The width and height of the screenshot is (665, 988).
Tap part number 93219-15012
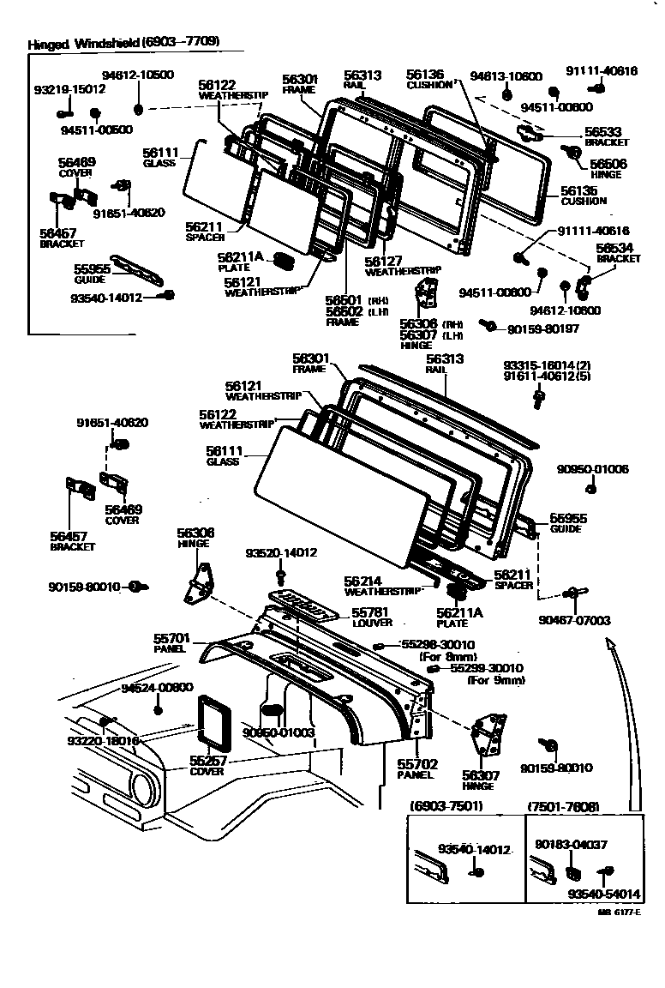point(69,89)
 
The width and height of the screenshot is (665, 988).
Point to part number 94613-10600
point(506,76)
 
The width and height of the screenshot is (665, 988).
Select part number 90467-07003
point(574,619)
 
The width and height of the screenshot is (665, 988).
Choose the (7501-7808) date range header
point(563,806)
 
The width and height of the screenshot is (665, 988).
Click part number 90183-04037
point(571,844)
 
